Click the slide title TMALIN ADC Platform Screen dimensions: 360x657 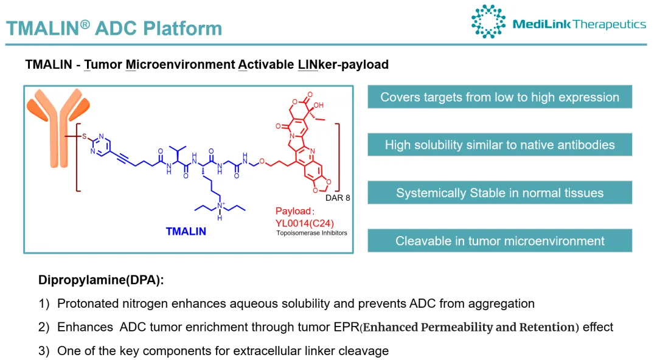click(114, 28)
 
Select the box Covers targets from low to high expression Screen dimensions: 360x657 click(499, 97)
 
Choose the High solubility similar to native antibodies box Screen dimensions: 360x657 click(499, 145)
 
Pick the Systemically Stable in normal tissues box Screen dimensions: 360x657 click(499, 193)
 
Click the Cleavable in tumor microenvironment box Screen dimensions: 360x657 click(499, 241)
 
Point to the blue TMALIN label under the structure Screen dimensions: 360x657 click(186, 231)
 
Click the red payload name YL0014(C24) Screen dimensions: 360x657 click(304, 223)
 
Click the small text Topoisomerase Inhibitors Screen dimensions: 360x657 click(311, 232)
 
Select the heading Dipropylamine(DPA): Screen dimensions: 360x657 click(101, 280)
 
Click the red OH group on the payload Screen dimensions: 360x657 click(319, 106)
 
